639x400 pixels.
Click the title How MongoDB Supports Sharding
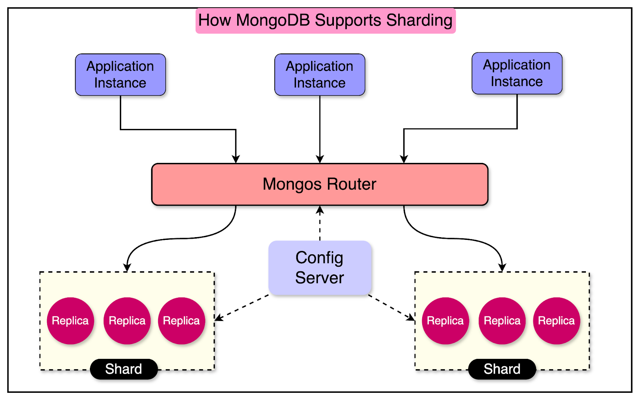pos(325,20)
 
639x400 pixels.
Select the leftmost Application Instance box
pos(120,75)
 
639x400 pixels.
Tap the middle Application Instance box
pos(319,75)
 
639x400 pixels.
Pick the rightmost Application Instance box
pos(517,73)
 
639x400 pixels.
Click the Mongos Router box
pos(319,184)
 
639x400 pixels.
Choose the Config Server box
pos(319,268)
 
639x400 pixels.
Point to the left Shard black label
pos(124,369)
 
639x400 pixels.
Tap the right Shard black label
pos(502,369)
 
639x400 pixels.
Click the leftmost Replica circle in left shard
pos(70,321)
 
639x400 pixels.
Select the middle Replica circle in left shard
pos(127,321)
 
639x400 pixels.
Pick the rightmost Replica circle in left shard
pos(181,321)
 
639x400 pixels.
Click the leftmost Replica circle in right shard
pos(445,321)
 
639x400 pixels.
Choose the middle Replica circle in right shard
pos(502,321)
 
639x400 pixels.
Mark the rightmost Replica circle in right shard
pos(556,321)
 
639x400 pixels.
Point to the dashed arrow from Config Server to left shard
pos(242,307)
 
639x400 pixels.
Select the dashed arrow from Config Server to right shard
pos(391,307)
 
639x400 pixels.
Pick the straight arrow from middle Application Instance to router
pos(319,128)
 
